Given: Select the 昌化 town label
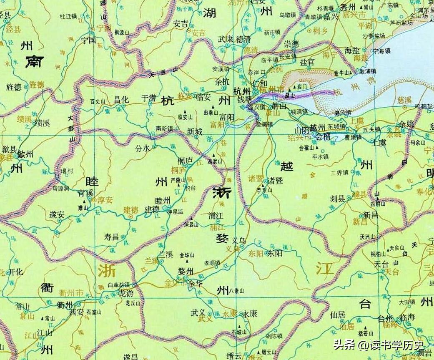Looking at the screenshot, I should (122, 99).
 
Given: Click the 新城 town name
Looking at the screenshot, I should (194, 132).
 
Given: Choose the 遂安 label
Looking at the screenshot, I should (57, 215).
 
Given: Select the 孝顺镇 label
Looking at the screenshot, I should (211, 263).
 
